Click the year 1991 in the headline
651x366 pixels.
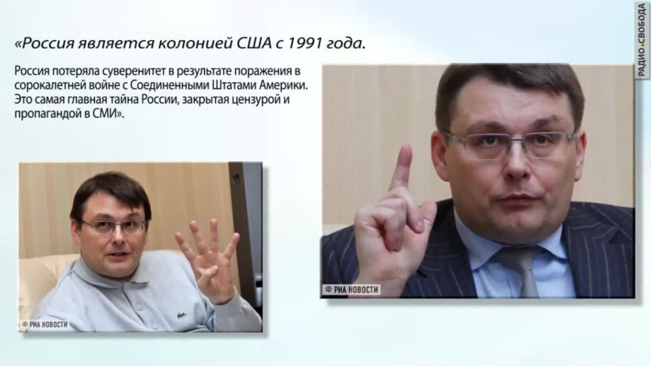304,43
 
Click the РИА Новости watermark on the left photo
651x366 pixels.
44,324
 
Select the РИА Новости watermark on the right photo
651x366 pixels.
352,290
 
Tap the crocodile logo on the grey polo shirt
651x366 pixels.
181,314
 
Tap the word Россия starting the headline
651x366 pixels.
48,44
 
